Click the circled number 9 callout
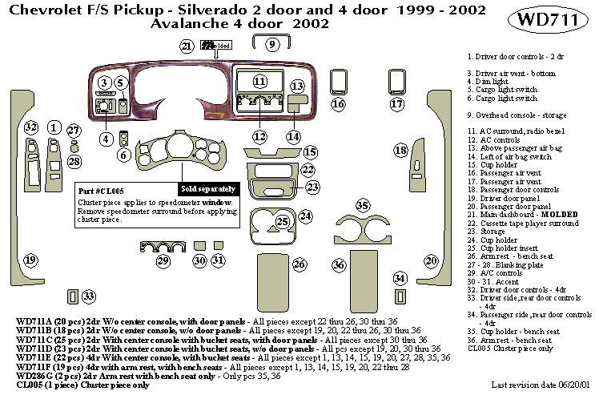click(272, 44)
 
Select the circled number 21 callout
click(187, 46)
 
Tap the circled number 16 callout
click(338, 104)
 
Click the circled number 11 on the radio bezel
click(259, 82)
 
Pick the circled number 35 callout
click(363, 207)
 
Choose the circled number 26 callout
click(299, 264)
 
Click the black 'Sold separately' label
click(208, 188)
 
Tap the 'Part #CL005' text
click(99, 192)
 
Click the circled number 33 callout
click(88, 296)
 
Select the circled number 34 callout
click(400, 278)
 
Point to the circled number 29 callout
click(163, 261)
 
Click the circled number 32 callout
click(31, 127)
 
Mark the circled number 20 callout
click(431, 261)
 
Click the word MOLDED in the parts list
click(560, 215)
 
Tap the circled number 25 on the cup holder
click(281, 221)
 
